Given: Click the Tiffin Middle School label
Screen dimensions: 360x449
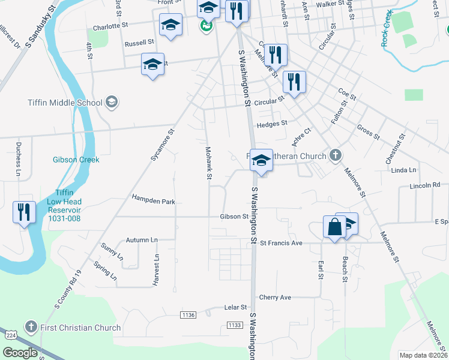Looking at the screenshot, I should (65, 102).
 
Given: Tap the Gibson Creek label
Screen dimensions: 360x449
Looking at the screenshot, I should (76, 160).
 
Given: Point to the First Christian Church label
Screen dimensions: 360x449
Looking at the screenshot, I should (80, 328).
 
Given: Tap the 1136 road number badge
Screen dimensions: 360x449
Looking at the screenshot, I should (188, 315).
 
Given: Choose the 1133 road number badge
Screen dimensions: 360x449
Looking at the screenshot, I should (235, 325).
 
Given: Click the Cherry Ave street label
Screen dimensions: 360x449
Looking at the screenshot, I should (275, 297).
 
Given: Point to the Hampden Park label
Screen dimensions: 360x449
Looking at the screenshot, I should (154, 202).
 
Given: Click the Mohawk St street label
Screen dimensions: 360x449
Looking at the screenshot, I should (208, 163).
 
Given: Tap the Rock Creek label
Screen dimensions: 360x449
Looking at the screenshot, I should (388, 28).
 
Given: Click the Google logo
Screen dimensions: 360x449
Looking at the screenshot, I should (20, 353).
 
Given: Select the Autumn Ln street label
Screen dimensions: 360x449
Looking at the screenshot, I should (142, 240).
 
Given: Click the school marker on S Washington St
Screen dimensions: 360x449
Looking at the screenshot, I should (261, 161).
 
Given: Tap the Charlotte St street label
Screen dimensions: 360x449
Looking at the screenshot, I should (111, 26).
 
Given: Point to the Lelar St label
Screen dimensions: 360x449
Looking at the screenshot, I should (236, 307).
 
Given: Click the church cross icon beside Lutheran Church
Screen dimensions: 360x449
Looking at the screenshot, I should (335, 156).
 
